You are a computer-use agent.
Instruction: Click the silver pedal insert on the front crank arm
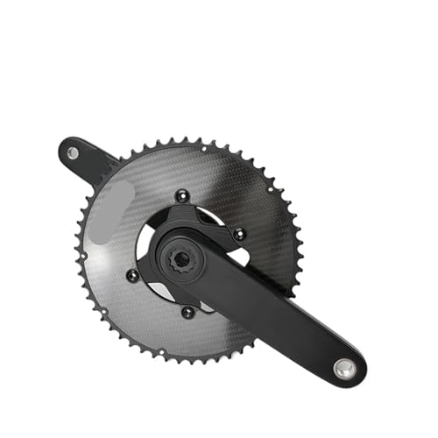coord(347,369)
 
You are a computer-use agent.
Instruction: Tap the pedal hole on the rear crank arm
coord(73,153)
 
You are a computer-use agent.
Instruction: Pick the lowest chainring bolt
coord(187,311)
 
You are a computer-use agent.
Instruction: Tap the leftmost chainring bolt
coord(132,275)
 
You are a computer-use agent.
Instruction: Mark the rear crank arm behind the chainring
coord(92,163)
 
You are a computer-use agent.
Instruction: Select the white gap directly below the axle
coord(203,301)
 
